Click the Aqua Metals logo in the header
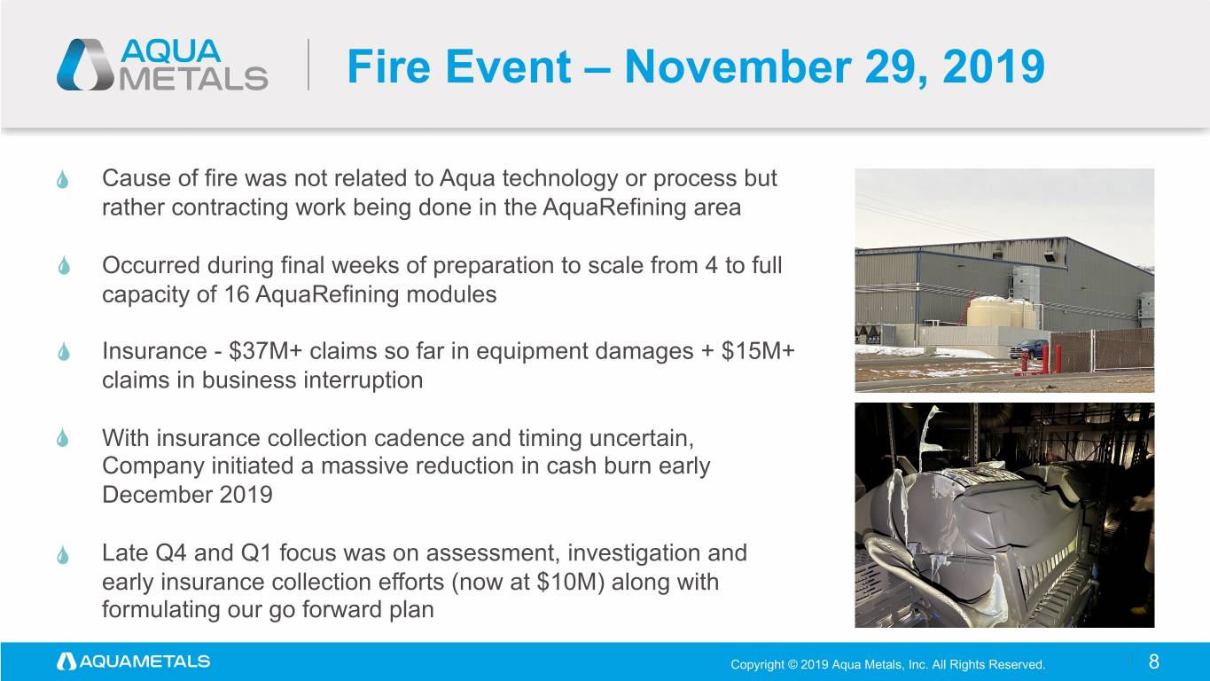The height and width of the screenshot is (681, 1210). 162,65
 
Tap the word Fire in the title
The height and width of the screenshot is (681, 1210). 388,67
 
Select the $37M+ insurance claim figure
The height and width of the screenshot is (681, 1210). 265,351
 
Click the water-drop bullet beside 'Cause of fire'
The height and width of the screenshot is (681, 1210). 63,179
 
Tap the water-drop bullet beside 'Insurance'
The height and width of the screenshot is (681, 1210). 64,352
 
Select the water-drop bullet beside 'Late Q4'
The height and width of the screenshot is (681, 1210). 63,555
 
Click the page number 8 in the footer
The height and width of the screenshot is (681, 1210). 1153,661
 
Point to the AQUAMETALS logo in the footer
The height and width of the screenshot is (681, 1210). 134,661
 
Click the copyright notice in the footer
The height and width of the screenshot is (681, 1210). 887,664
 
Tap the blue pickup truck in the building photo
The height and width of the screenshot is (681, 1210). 1029,348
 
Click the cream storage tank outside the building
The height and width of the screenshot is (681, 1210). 1001,312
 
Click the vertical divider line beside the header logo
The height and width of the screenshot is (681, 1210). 308,65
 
